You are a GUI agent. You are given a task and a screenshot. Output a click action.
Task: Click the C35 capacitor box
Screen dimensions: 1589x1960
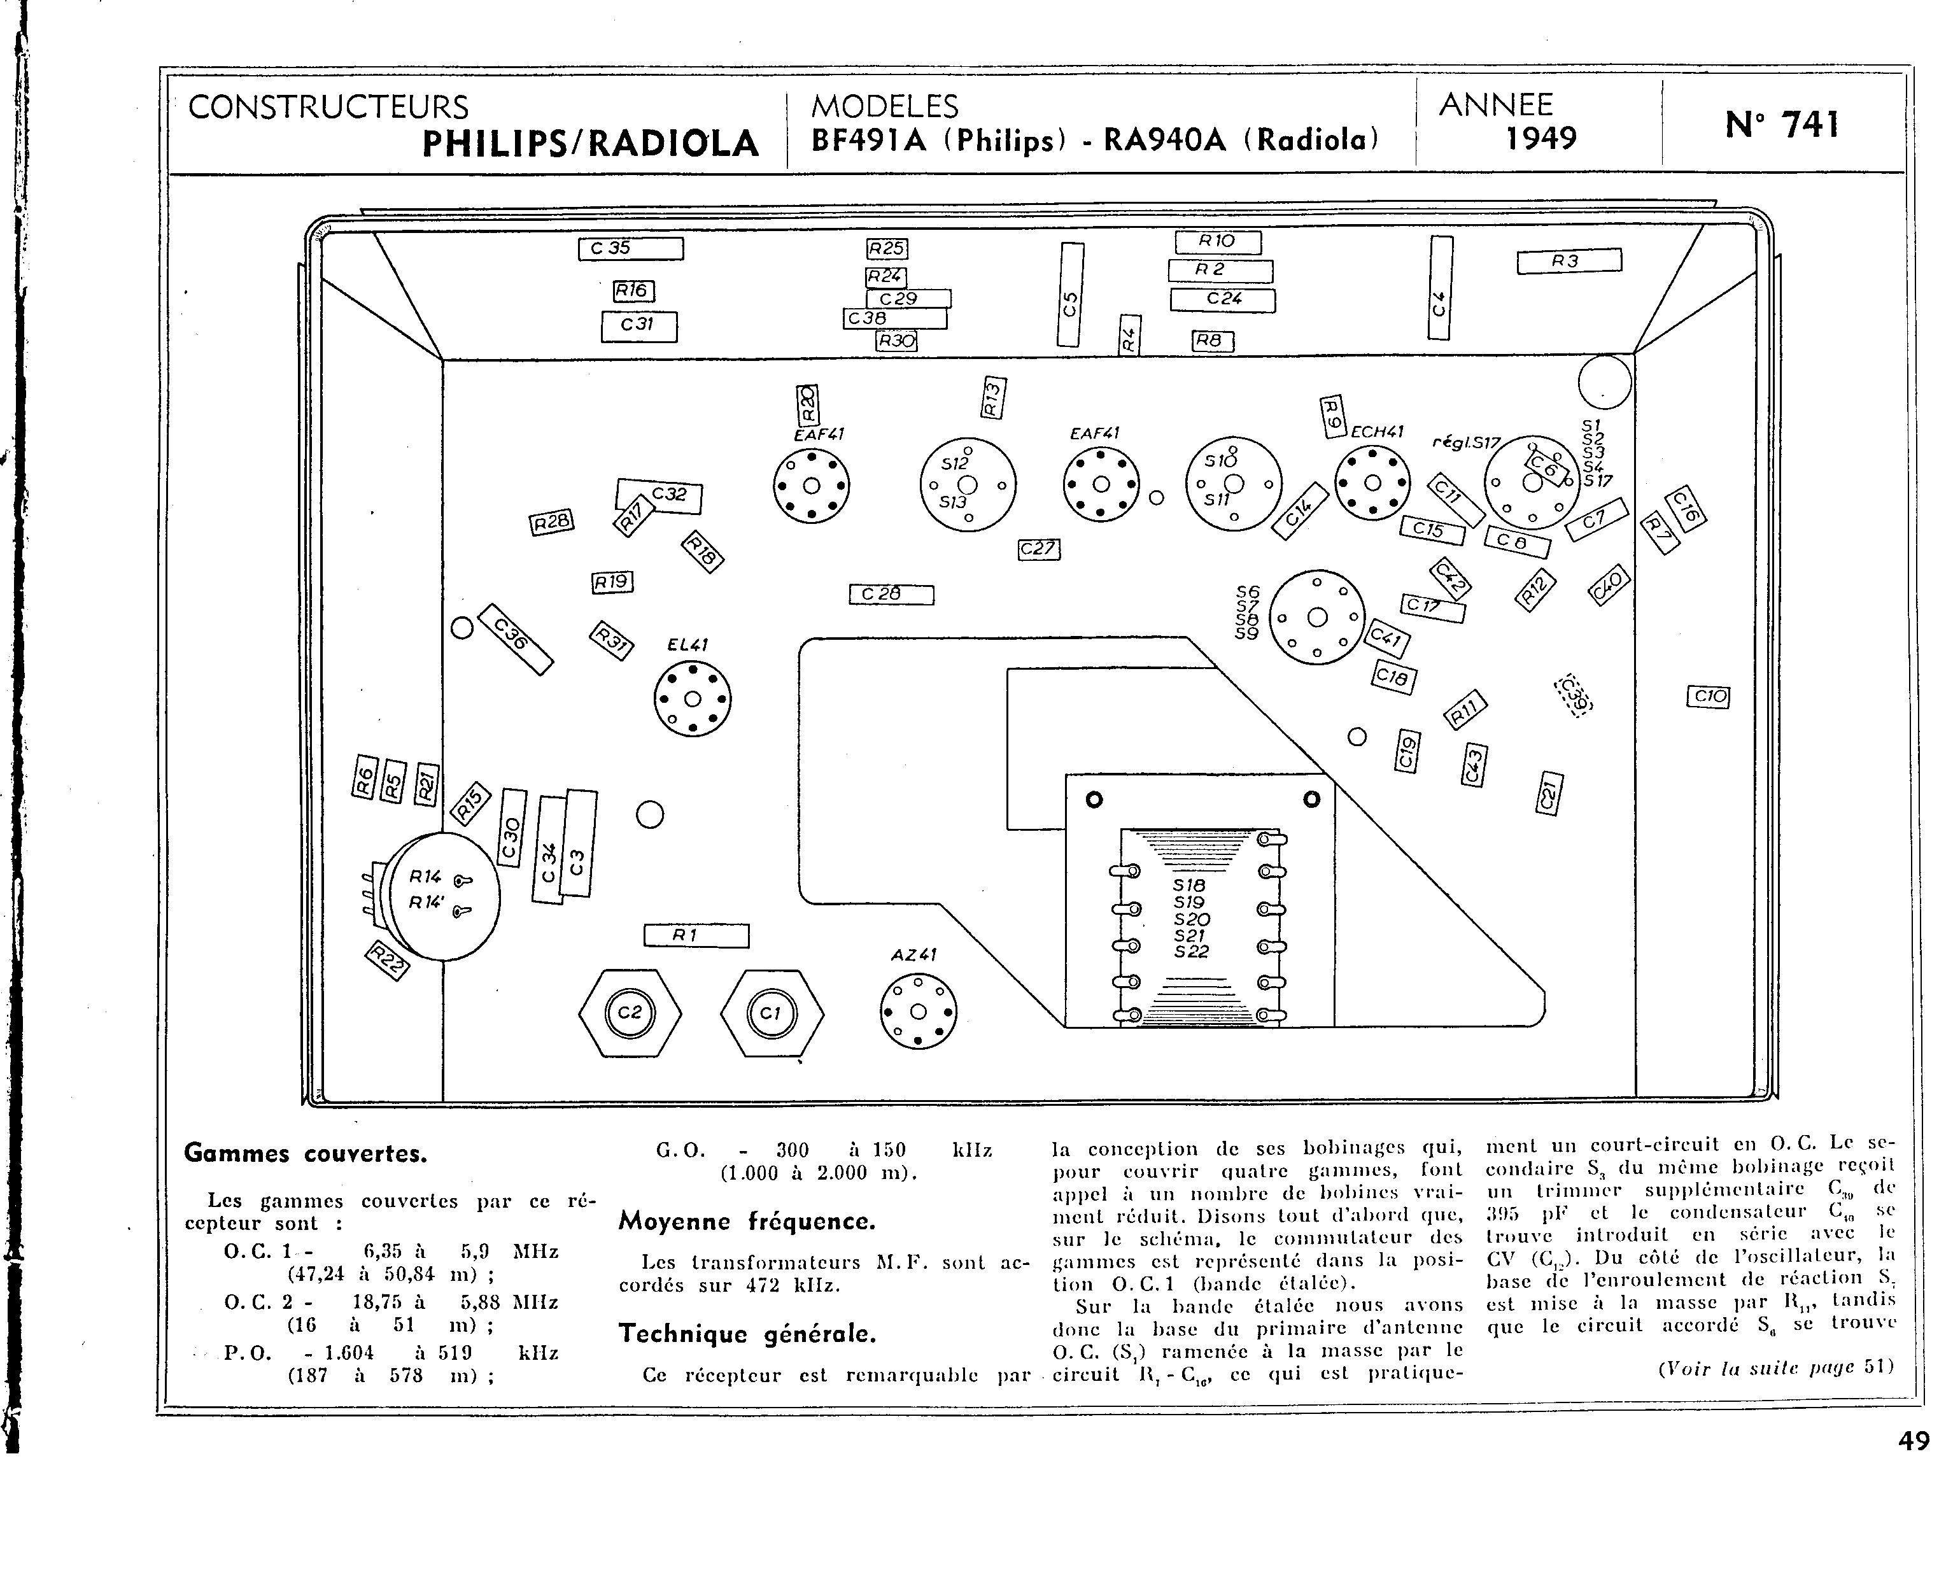pos(630,248)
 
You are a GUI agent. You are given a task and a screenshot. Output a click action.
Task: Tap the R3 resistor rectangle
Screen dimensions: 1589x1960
pos(1569,261)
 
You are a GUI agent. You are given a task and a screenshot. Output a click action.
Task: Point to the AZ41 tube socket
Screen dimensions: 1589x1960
pos(918,1010)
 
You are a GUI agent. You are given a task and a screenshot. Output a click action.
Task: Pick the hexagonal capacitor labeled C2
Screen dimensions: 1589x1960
pos(630,1012)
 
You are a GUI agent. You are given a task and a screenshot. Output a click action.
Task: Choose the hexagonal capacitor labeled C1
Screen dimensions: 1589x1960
pos(772,1012)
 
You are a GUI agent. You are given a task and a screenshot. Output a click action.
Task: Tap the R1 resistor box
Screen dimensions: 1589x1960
pos(696,935)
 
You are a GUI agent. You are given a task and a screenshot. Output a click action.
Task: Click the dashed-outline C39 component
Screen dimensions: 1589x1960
pos(1574,696)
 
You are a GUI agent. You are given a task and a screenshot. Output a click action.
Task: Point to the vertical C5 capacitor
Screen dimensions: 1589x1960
pos(1069,294)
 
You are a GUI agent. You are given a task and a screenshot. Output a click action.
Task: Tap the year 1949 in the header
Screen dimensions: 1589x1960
pos(1542,138)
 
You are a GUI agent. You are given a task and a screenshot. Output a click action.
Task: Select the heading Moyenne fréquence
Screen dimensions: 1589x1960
pos(747,1221)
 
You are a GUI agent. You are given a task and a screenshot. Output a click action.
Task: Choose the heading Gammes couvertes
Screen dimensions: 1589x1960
pos(306,1154)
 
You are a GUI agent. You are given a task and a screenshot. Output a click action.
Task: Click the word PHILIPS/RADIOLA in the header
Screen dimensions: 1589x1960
pos(590,143)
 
